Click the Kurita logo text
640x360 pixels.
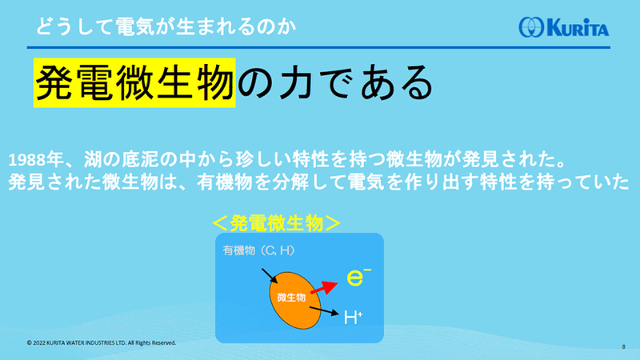pos(578,28)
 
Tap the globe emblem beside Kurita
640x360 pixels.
pos(531,27)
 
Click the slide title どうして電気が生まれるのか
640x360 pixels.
pos(166,27)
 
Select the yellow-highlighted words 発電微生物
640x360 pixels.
pos(134,83)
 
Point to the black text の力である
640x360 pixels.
pos(335,83)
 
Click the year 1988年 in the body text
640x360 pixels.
pos(35,159)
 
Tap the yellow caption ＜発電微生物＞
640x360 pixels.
pos(277,223)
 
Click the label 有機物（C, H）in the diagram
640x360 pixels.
pos(258,250)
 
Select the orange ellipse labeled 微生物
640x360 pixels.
pos(294,300)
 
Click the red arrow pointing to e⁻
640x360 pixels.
pos(325,287)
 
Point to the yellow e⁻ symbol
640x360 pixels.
pos(358,277)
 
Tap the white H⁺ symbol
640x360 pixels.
pos(353,317)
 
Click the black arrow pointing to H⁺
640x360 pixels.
pos(325,311)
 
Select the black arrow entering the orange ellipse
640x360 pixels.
pos(270,275)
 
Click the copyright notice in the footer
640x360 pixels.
pos(102,343)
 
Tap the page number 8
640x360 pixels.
pos(624,346)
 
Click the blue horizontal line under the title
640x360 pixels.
pos(318,47)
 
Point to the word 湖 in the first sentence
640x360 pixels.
pos(93,159)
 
